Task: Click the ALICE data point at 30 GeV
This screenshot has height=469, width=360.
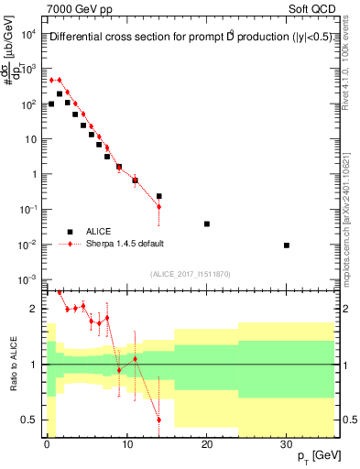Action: coord(287,245)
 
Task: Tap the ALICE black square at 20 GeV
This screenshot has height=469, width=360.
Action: coord(207,224)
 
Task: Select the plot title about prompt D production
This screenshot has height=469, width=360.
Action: coord(190,38)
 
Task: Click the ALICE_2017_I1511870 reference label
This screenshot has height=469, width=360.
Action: coord(190,274)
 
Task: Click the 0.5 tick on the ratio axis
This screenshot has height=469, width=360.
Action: coord(29,420)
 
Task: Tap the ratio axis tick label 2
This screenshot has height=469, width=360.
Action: coord(34,309)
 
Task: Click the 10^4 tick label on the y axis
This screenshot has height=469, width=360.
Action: coord(28,35)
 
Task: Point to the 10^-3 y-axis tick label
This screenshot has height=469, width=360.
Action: coord(28,279)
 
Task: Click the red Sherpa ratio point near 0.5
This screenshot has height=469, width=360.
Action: coord(158,420)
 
